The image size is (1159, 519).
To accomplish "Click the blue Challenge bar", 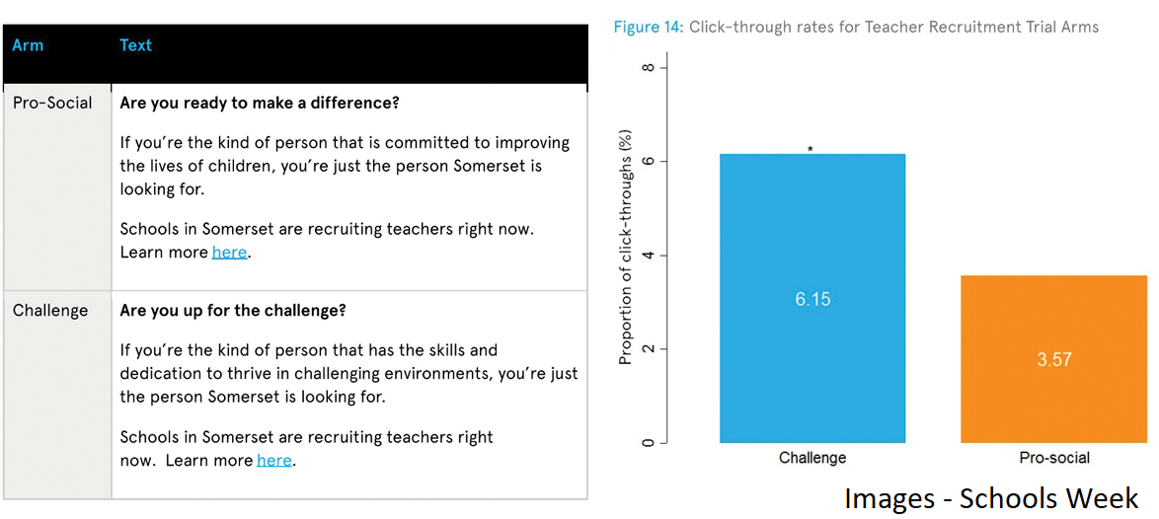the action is click(812, 298).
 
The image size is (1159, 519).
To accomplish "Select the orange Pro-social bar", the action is click(1053, 359).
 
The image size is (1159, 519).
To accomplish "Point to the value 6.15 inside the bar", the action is click(812, 300).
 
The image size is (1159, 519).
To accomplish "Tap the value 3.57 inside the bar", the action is click(1053, 360).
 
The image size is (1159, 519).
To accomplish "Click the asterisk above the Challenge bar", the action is click(811, 149).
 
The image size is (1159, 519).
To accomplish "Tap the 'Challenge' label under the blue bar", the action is click(812, 459).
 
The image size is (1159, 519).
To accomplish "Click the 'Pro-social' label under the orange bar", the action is click(1054, 459).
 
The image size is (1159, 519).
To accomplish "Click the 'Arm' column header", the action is click(28, 45).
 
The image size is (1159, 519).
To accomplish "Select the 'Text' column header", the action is click(135, 45).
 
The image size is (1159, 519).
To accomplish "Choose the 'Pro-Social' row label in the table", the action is click(52, 103).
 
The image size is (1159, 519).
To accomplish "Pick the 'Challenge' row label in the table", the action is click(50, 310).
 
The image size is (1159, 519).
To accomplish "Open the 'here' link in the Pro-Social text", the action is click(229, 252).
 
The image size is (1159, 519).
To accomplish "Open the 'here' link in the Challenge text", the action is click(274, 461).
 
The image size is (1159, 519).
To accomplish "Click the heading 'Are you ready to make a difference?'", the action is click(260, 103).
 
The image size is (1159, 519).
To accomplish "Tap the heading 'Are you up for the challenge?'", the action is click(233, 310).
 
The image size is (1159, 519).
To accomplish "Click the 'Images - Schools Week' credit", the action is click(992, 499).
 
